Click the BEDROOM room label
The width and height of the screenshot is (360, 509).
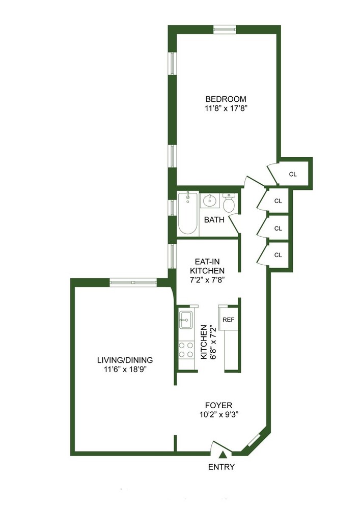(x=226, y=99)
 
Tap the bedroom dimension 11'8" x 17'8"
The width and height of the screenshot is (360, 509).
(x=226, y=108)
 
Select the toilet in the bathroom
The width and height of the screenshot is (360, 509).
(x=229, y=203)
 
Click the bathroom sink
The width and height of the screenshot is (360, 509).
(x=209, y=201)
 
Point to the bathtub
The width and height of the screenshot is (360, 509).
(x=187, y=212)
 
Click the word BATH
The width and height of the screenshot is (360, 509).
(x=214, y=220)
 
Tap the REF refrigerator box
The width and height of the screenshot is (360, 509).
(x=229, y=320)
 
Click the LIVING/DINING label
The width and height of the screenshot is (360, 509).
(x=125, y=360)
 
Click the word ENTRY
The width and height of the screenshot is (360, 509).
(x=221, y=467)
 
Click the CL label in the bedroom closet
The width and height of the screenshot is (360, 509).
(x=292, y=174)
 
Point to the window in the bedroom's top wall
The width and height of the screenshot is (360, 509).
(x=225, y=29)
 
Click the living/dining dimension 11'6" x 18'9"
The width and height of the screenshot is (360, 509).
(x=125, y=369)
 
